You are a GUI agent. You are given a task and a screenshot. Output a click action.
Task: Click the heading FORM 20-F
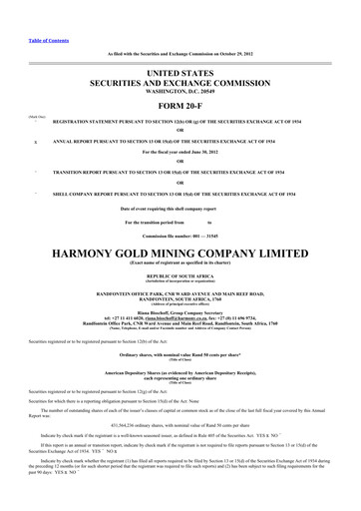[180, 108]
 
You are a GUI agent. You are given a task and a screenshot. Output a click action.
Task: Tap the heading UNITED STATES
[180, 74]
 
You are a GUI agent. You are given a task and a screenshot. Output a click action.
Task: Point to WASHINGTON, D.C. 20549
[180, 96]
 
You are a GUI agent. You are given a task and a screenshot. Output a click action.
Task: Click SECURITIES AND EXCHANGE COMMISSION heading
[180, 86]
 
